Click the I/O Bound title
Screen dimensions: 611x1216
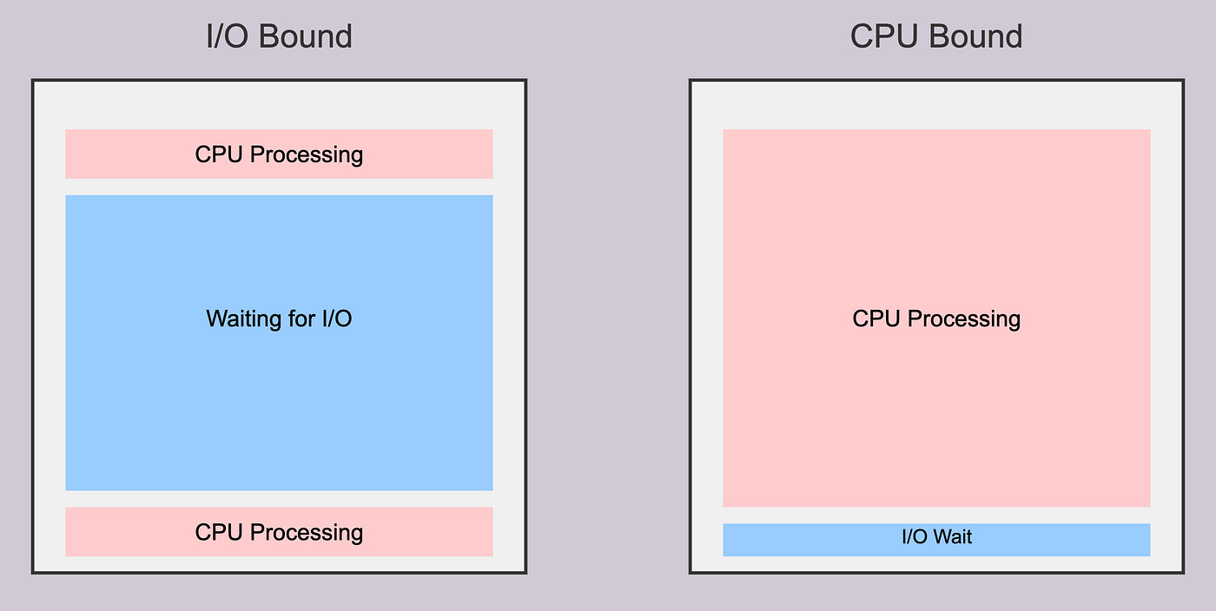coord(279,36)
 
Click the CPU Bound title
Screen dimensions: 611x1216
coord(935,36)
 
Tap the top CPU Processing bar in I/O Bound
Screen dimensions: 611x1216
coord(279,154)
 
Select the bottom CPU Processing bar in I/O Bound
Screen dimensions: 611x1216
coord(279,532)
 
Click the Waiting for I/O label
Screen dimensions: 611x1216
coord(279,319)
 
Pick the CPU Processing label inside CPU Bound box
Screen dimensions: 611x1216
coord(936,319)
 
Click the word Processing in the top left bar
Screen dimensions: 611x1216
coord(306,154)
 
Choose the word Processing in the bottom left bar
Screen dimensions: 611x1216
coord(306,532)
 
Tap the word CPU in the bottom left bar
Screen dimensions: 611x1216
coord(219,532)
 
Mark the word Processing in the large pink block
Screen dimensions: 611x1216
coord(963,319)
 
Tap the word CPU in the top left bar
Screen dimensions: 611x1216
coord(219,154)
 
